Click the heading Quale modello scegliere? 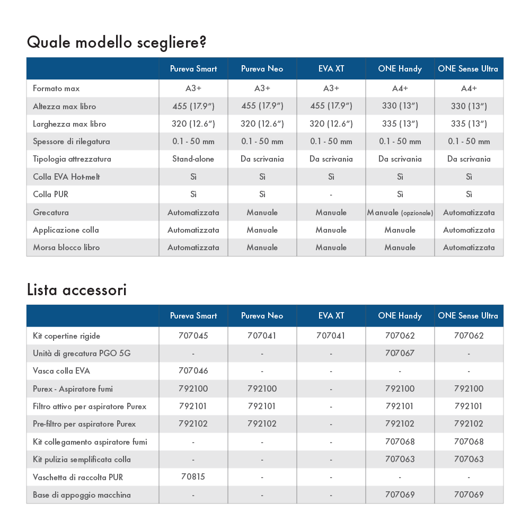pyautogui.click(x=116, y=42)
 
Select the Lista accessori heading pyautogui.click(x=76, y=290)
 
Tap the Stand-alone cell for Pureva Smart pyautogui.click(x=193, y=159)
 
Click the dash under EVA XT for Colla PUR pyautogui.click(x=331, y=195)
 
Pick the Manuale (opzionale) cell pyautogui.click(x=400, y=213)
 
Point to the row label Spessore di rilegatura pyautogui.click(x=72, y=142)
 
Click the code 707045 pyautogui.click(x=193, y=335)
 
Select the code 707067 pyautogui.click(x=400, y=353)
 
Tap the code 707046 pyautogui.click(x=193, y=371)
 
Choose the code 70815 pyautogui.click(x=193, y=477)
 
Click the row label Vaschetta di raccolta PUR pyautogui.click(x=78, y=477)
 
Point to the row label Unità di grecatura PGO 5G pyautogui.click(x=82, y=353)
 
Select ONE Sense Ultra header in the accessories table pyautogui.click(x=468, y=316)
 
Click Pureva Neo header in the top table pyautogui.click(x=262, y=69)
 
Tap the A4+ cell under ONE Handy pyautogui.click(x=400, y=89)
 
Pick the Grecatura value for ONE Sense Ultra pyautogui.click(x=469, y=213)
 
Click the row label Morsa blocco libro pyautogui.click(x=66, y=248)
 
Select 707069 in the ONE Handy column pyautogui.click(x=400, y=495)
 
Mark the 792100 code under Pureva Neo pyautogui.click(x=262, y=389)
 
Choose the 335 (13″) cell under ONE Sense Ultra pyautogui.click(x=469, y=124)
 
